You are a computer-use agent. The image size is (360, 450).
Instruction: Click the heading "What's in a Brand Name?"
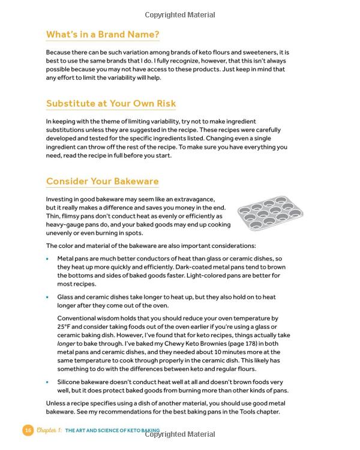click(103, 35)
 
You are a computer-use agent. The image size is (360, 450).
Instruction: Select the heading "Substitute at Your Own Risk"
click(111, 103)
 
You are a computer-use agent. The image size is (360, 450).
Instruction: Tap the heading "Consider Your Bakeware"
click(103, 181)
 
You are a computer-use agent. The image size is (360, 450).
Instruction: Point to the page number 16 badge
click(28, 430)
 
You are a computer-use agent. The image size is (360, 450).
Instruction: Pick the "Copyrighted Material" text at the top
click(179, 14)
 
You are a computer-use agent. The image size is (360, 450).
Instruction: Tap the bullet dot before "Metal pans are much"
click(48, 258)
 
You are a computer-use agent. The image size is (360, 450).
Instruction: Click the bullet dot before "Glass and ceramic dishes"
click(48, 297)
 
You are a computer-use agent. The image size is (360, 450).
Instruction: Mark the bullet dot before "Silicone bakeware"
click(48, 382)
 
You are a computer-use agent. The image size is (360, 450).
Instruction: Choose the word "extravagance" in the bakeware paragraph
click(192, 199)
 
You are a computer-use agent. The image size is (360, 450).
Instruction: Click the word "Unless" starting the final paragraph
click(56, 403)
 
